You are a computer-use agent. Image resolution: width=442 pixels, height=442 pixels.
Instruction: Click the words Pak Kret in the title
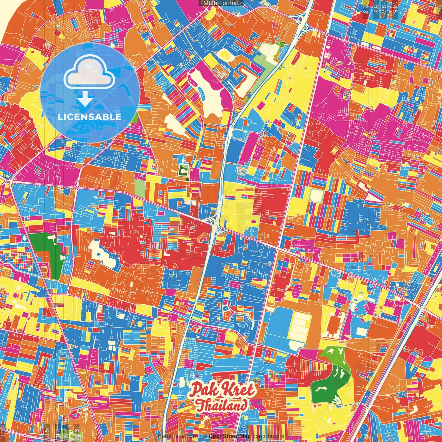(x=223, y=390)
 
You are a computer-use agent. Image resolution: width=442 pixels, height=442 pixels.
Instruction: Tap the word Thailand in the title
(x=222, y=405)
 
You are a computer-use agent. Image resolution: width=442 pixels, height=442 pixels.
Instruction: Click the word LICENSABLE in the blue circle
(x=90, y=117)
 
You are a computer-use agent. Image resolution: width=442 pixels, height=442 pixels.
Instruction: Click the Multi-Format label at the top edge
(x=221, y=3)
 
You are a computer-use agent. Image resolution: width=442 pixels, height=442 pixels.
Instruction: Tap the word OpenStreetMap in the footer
(x=229, y=436)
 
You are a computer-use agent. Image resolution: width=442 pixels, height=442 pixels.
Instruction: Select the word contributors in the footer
(x=268, y=436)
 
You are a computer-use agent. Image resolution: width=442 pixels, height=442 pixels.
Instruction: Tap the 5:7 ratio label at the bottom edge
(x=58, y=432)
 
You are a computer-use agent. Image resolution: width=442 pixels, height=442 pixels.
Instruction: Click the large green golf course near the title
(x=328, y=376)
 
